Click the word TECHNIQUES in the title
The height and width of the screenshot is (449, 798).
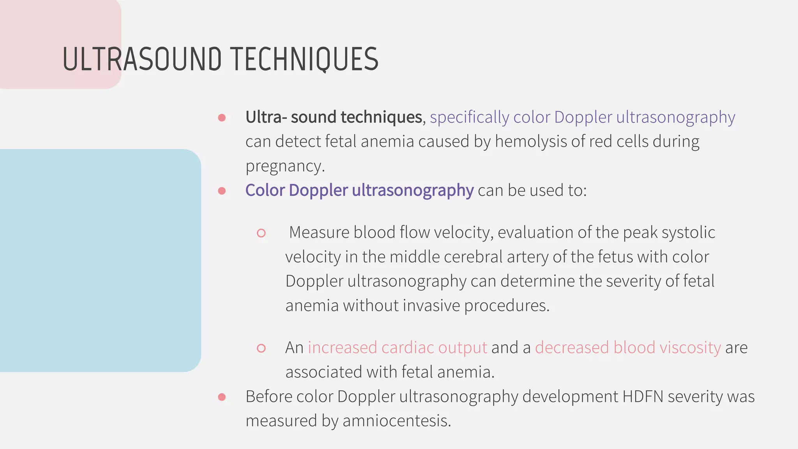click(305, 60)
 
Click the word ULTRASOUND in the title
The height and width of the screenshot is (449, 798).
click(142, 60)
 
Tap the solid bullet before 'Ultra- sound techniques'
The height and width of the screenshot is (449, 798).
click(222, 118)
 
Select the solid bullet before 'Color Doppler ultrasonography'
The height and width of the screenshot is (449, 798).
click(222, 191)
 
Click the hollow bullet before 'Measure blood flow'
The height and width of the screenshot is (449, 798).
click(261, 233)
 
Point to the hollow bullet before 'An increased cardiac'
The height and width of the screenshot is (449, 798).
click(261, 348)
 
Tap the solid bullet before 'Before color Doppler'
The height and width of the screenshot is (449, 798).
click(222, 397)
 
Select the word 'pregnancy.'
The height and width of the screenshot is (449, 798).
click(285, 166)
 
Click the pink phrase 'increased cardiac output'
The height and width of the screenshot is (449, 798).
click(397, 348)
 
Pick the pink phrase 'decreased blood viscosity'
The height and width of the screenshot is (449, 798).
click(628, 348)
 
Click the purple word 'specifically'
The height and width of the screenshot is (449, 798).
click(469, 118)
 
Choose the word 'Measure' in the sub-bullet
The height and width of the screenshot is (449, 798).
click(319, 233)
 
